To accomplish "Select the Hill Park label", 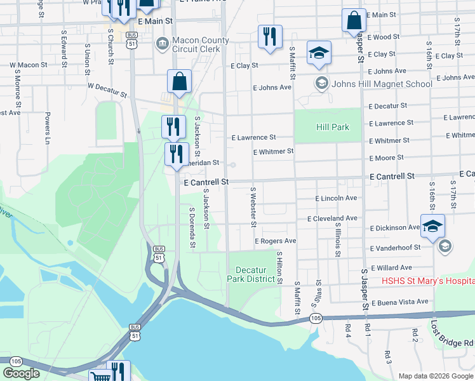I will click(333, 127).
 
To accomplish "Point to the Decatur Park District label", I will click(251, 274).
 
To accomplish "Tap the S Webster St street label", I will click(253, 207).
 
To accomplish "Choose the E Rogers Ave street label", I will click(276, 241).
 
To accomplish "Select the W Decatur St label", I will click(107, 89).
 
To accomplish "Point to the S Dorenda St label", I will click(191, 227).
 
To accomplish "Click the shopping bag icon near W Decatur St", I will click(180, 82).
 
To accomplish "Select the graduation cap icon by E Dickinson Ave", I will click(432, 227).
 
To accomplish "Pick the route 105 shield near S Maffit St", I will click(314, 317).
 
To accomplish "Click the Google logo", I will click(22, 373).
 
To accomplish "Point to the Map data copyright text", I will click(435, 376).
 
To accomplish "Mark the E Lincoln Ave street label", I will click(336, 198).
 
